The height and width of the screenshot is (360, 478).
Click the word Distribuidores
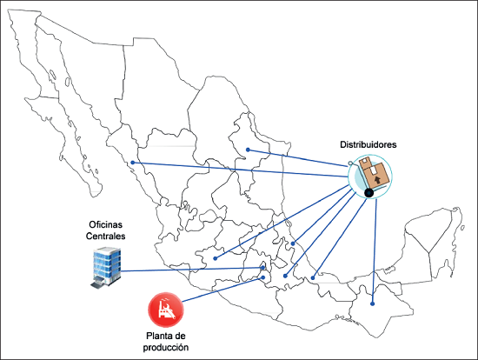click(x=368, y=144)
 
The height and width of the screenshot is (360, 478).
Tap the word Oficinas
click(x=105, y=224)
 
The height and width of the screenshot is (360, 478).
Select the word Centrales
click(x=105, y=236)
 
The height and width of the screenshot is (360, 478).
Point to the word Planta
click(x=158, y=336)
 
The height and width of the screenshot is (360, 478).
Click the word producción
click(x=166, y=347)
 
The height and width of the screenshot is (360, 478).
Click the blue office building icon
click(x=105, y=268)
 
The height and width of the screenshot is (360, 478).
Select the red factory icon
click(x=166, y=310)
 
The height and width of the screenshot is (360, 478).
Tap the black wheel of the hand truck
click(x=368, y=193)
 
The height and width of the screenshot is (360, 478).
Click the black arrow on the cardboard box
click(x=377, y=179)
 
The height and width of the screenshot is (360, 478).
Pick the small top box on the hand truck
click(x=365, y=162)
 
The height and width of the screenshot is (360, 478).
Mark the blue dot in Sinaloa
click(x=133, y=163)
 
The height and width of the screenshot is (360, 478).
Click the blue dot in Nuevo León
click(x=249, y=150)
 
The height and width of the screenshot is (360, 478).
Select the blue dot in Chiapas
click(x=372, y=303)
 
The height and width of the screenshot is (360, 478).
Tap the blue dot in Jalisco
click(x=216, y=258)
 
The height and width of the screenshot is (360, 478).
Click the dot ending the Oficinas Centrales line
click(x=263, y=268)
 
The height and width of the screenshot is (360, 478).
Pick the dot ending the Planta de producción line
click(x=263, y=277)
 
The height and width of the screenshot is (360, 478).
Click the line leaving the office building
click(x=192, y=270)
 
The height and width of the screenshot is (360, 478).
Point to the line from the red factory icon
click(x=222, y=290)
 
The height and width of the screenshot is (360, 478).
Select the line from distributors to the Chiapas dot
click(x=375, y=251)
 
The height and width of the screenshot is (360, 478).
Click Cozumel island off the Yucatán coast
click(x=462, y=228)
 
